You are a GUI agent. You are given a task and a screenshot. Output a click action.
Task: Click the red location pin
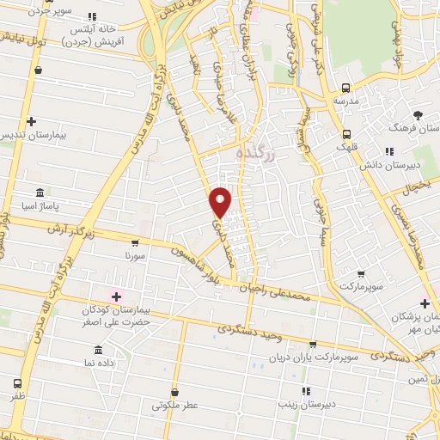pos(221,201)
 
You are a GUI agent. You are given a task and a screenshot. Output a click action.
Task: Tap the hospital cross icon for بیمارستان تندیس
pos(31,122)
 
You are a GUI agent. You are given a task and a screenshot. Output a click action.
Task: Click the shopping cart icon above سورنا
pos(134,243)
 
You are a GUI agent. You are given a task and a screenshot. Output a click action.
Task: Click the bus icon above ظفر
pos(18,384)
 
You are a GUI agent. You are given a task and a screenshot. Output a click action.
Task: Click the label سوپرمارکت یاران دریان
pos(311,356)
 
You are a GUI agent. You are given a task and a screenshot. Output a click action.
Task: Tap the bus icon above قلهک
pos(346,134)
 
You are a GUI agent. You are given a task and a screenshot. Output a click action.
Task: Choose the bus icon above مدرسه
pos(345,88)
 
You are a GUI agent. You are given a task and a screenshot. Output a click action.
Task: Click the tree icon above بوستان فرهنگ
pos(419,114)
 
